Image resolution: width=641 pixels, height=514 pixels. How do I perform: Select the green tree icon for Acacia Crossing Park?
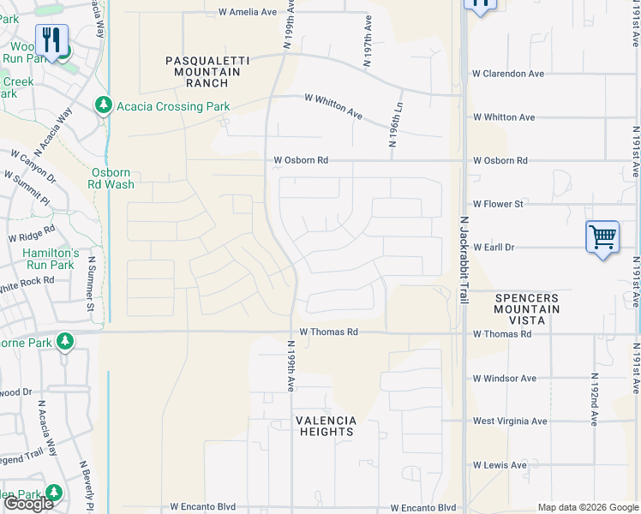click(x=103, y=105)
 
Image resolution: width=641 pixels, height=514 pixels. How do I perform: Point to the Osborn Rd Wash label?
click(x=112, y=177)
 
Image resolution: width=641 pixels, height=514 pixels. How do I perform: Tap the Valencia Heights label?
click(x=326, y=426)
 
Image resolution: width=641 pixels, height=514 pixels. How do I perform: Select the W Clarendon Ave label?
click(x=508, y=74)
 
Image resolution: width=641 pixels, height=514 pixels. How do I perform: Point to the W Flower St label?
click(x=498, y=205)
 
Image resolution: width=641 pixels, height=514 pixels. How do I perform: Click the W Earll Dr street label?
click(x=493, y=247)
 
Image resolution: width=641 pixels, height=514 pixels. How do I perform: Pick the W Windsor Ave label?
click(x=505, y=378)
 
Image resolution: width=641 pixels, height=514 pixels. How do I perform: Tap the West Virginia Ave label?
click(x=510, y=421)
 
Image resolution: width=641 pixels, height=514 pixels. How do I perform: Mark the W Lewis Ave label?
click(x=500, y=465)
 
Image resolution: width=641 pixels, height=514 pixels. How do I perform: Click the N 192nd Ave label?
click(x=593, y=399)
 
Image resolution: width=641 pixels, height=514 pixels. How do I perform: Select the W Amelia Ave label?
click(x=248, y=13)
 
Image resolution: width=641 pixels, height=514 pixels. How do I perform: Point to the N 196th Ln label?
click(x=396, y=128)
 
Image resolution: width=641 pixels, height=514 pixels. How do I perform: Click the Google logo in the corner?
click(x=28, y=504)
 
